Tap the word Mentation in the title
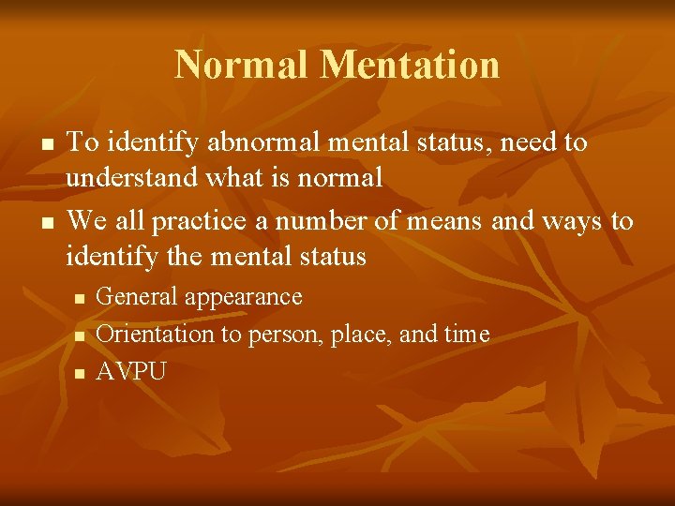410,65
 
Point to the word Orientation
156,334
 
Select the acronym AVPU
131,371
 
